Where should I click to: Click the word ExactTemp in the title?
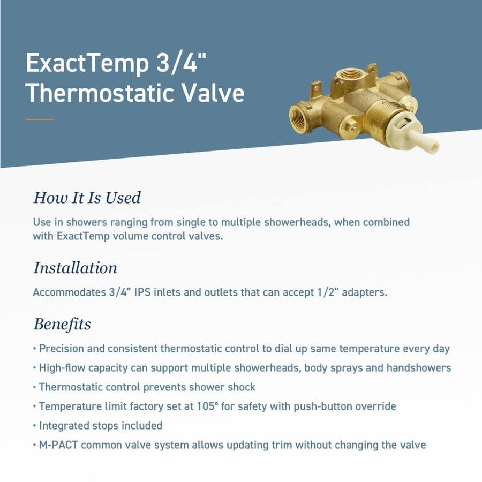pyautogui.click(x=87, y=64)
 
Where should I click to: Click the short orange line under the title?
pyautogui.click(x=40, y=119)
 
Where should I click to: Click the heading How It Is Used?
pyautogui.click(x=87, y=198)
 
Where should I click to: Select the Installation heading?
pyautogui.click(x=75, y=268)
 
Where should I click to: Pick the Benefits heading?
pyautogui.click(x=62, y=324)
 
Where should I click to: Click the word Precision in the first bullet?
pyautogui.click(x=62, y=349)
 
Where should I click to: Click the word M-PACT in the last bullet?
pyautogui.click(x=58, y=445)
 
